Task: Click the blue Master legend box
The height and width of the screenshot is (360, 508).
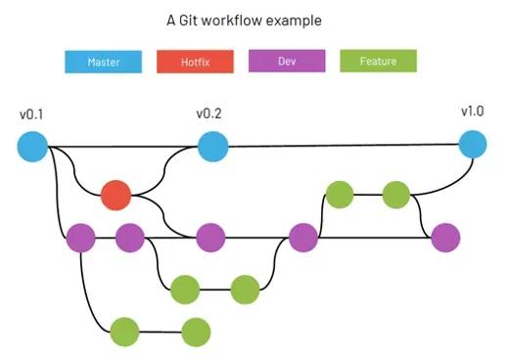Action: (x=103, y=62)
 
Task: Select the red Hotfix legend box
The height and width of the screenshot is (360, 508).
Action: (x=195, y=62)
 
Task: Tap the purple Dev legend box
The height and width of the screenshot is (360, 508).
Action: (x=287, y=62)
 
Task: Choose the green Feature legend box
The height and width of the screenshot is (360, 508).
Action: (x=378, y=62)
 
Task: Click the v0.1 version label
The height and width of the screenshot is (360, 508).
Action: (x=31, y=114)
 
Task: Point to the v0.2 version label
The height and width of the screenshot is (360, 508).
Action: (x=208, y=113)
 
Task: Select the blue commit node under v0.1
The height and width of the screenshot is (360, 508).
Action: (x=32, y=147)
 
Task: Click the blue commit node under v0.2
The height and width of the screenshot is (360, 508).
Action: (x=212, y=147)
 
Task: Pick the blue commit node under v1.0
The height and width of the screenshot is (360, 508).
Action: (x=472, y=145)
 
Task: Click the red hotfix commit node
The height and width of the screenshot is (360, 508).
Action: (x=115, y=196)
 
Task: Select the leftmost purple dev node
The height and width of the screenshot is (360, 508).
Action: (x=80, y=238)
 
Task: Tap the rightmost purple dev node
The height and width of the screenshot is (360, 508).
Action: (x=445, y=237)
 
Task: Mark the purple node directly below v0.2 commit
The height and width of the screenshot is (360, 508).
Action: (x=210, y=238)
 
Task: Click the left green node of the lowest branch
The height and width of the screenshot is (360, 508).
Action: (x=125, y=333)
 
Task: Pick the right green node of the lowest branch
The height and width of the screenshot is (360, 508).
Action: (x=196, y=333)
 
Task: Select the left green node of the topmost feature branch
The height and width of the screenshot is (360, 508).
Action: (x=339, y=195)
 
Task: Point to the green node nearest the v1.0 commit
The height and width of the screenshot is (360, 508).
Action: (x=395, y=195)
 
